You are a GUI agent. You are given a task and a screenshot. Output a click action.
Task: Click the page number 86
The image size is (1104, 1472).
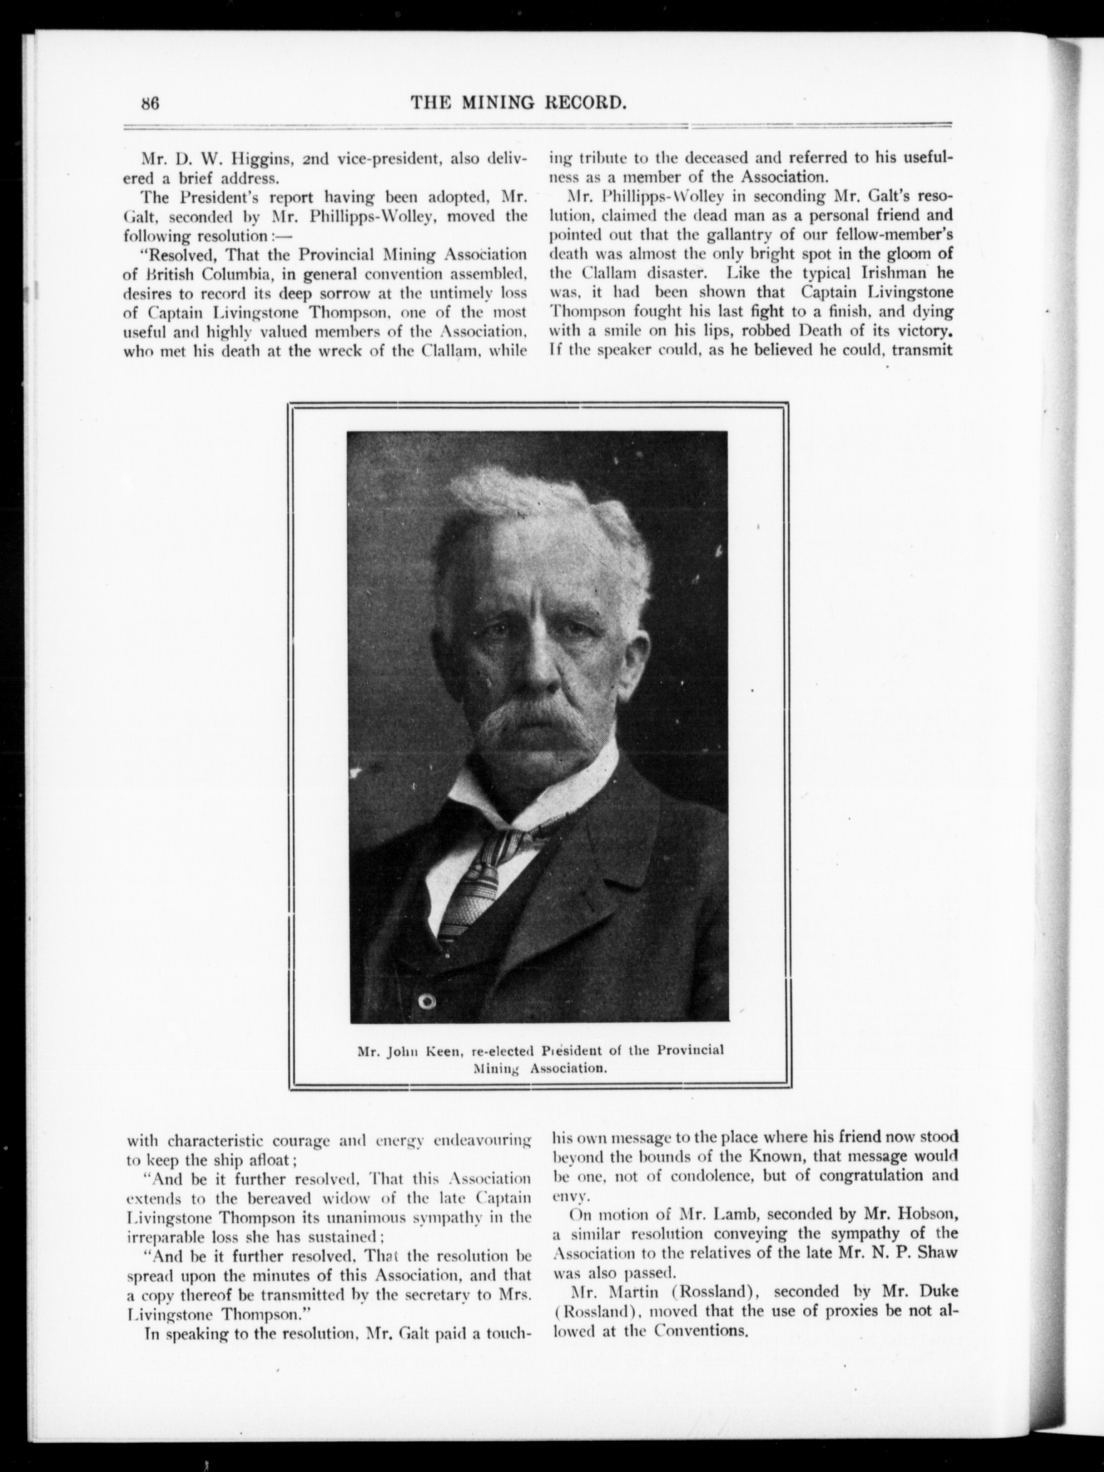pyautogui.click(x=150, y=103)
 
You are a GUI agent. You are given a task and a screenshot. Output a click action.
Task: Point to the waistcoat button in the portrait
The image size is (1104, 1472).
pyautogui.click(x=426, y=1001)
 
